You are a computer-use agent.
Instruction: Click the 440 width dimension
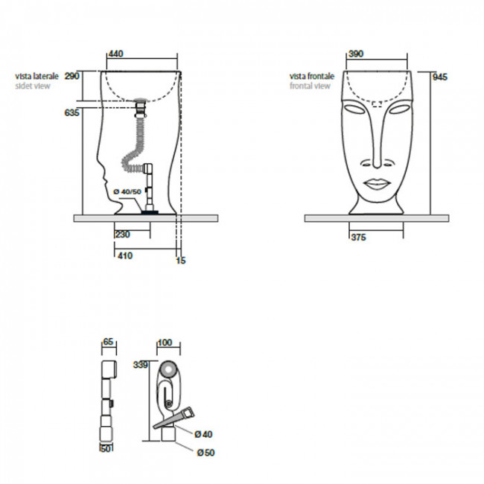pyautogui.click(x=116, y=54)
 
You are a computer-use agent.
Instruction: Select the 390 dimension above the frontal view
pyautogui.click(x=356, y=54)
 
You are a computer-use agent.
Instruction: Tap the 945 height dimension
pyautogui.click(x=440, y=77)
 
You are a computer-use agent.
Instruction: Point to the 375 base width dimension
pyautogui.click(x=359, y=237)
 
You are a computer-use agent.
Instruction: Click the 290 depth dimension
pyautogui.click(x=72, y=76)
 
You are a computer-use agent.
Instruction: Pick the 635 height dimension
pyautogui.click(x=72, y=112)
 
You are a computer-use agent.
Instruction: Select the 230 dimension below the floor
pyautogui.click(x=123, y=235)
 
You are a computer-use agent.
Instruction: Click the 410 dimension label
pyautogui.click(x=125, y=255)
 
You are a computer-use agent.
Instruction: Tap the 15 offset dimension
pyautogui.click(x=181, y=261)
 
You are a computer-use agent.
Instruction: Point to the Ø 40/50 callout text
pyautogui.click(x=127, y=191)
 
